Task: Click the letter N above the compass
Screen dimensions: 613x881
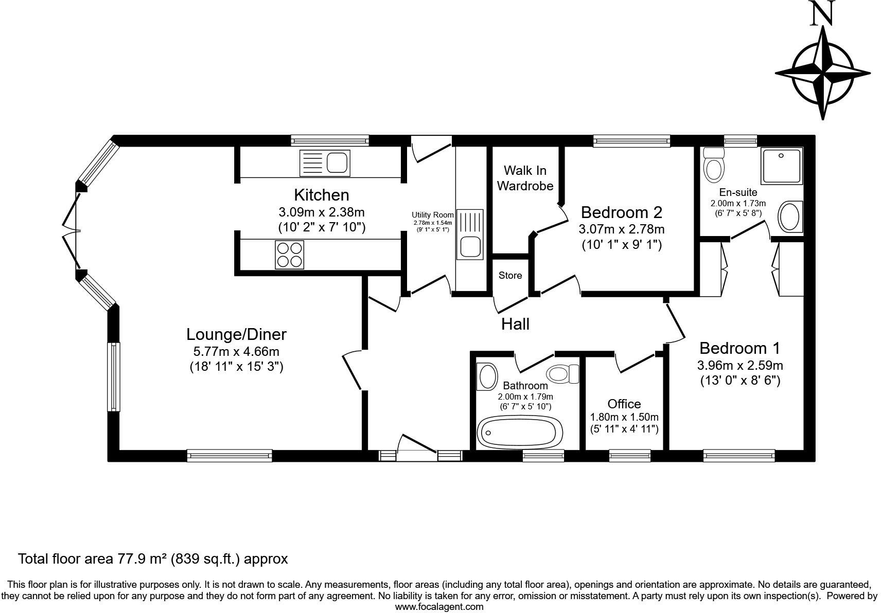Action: point(822,14)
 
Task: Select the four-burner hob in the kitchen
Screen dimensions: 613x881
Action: point(289,255)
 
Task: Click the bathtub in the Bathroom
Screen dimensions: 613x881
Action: point(520,432)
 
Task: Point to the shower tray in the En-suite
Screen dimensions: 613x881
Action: point(782,166)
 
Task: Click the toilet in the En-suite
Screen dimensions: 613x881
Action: point(713,166)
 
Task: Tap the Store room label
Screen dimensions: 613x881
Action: point(510,276)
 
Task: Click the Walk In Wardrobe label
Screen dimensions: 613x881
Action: point(525,178)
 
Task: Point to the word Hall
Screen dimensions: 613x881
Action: point(515,324)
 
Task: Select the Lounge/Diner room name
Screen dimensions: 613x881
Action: point(236,334)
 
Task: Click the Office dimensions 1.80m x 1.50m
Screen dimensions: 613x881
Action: point(624,417)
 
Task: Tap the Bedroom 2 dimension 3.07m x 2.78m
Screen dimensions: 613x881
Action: point(622,229)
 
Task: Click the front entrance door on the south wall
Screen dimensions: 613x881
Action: point(417,445)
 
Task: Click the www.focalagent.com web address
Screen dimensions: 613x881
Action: point(439,606)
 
